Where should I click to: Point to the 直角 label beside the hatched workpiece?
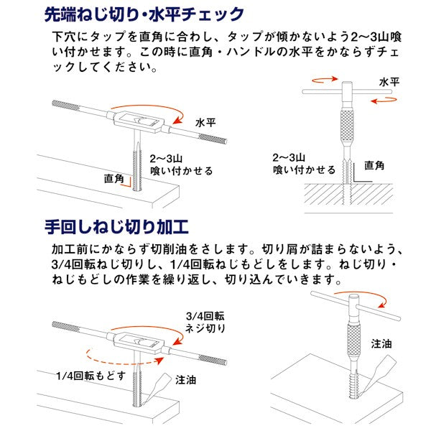(375, 165)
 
